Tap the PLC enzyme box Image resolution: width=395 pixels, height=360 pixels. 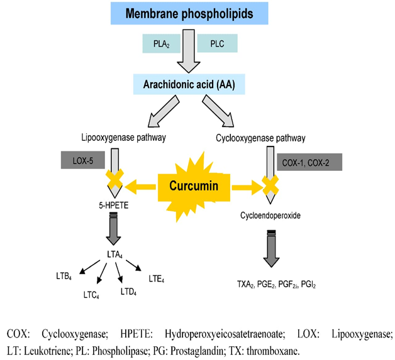tap(217, 43)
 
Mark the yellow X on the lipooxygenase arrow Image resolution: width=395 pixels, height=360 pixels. tap(114, 185)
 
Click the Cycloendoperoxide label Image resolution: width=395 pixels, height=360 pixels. tap(270, 215)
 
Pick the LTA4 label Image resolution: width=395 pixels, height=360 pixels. tap(114, 253)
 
